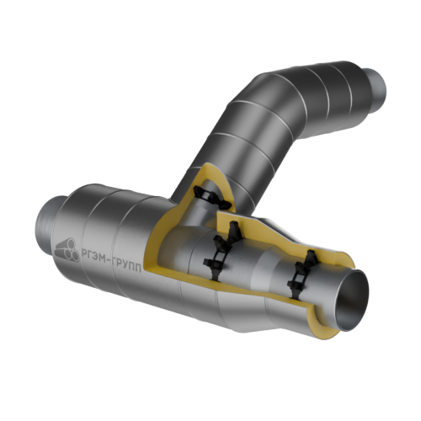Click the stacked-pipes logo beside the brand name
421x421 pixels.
pyautogui.click(x=67, y=250)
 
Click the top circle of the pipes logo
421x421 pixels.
pyautogui.click(x=71, y=242)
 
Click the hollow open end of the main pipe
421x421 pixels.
pyautogui.click(x=354, y=301)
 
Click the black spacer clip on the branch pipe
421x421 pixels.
pyautogui.click(x=212, y=198)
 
